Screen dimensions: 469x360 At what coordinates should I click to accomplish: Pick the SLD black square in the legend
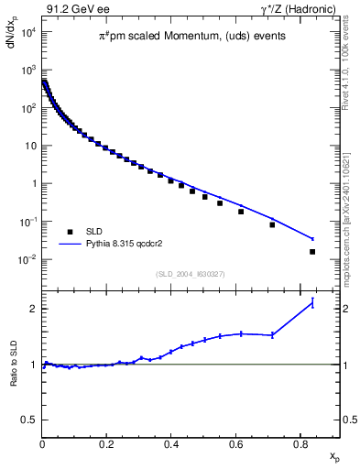click(x=71, y=232)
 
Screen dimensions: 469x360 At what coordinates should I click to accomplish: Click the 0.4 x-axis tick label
click(x=171, y=445)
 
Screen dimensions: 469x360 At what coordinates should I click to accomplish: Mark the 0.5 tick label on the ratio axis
click(x=29, y=420)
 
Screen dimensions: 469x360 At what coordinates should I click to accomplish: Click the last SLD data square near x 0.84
click(x=312, y=252)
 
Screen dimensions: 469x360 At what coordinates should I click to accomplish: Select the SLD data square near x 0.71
click(x=272, y=224)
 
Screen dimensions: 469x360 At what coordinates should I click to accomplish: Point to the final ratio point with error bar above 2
click(x=312, y=303)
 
